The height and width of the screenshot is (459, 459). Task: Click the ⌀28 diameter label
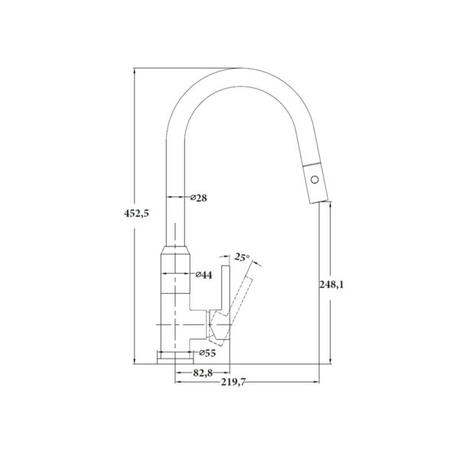click(x=197, y=198)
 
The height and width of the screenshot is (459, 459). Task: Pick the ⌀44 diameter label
click(x=203, y=275)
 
